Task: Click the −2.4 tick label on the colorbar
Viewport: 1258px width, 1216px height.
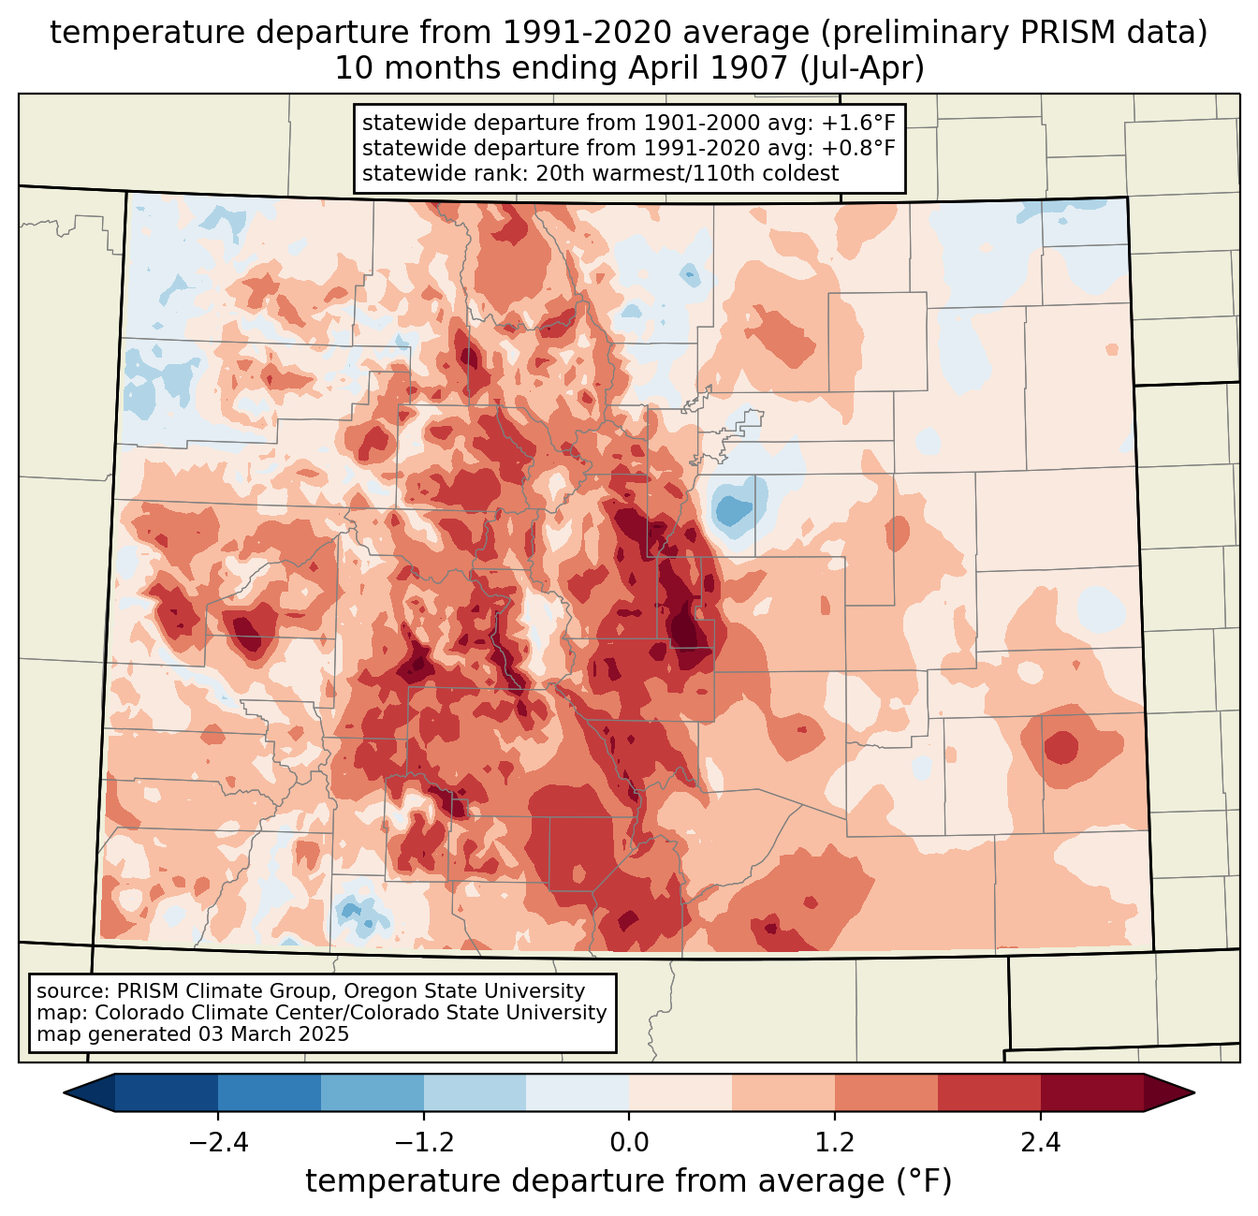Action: click(x=218, y=1143)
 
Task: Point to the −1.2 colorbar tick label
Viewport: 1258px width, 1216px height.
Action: click(x=424, y=1143)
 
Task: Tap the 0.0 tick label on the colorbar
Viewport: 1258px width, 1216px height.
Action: click(x=629, y=1143)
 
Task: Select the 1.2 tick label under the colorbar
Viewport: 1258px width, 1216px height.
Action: click(x=835, y=1143)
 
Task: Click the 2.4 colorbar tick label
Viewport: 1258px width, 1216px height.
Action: click(x=1041, y=1143)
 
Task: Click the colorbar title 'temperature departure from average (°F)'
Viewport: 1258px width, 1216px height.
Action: click(x=629, y=1181)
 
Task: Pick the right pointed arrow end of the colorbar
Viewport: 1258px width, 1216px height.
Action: click(x=1169, y=1093)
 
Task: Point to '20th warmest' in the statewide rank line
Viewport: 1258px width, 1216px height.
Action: click(x=598, y=173)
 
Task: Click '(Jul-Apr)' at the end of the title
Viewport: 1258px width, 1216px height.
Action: click(x=862, y=68)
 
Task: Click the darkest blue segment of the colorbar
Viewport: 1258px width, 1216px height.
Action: click(x=166, y=1093)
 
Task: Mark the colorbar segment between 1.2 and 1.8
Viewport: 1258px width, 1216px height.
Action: click(x=886, y=1093)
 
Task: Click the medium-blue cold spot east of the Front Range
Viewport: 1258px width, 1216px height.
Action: click(x=731, y=511)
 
